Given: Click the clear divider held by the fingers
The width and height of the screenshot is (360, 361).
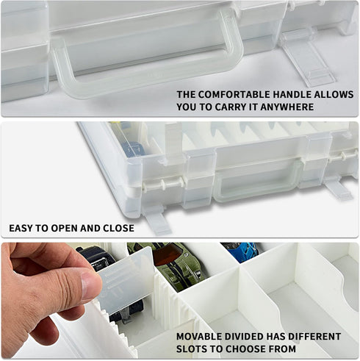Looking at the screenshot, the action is [125, 279].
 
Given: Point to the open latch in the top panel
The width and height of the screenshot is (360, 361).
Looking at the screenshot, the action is [307, 57].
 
